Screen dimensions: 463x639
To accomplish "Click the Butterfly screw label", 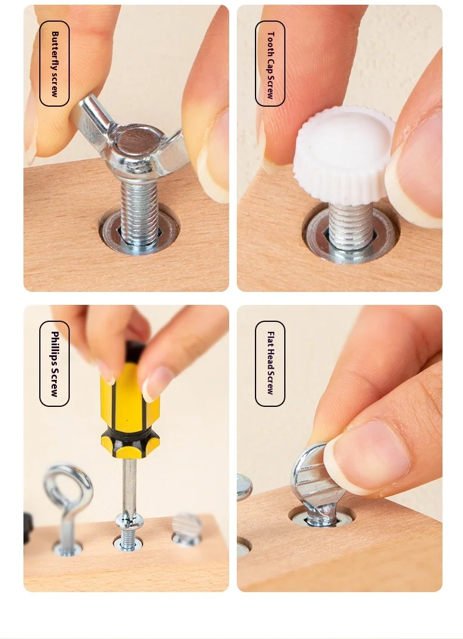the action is point(55,63).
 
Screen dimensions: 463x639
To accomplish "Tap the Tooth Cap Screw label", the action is point(270,63).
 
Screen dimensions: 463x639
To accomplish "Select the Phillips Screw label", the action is point(55,363).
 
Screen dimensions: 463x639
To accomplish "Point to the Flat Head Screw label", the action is point(270,363).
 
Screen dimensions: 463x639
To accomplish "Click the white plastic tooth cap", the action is point(342,154).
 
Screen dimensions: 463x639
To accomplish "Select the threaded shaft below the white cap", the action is point(351,227).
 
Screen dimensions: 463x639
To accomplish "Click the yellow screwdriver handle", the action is point(130,407).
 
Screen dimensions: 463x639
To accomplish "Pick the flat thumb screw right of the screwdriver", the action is point(186,529).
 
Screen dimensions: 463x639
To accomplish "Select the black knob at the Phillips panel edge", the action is point(28,528).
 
